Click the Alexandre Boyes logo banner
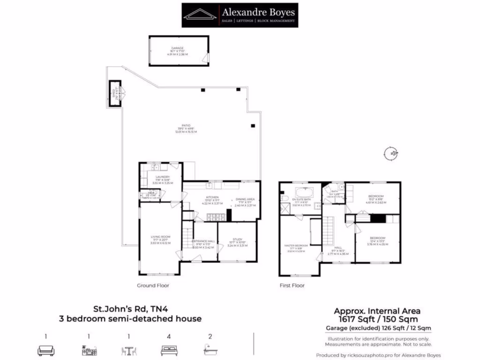(x=240, y=15)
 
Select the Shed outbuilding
(x=114, y=94)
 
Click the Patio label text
(x=187, y=128)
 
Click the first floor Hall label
(x=338, y=249)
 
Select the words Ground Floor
(x=153, y=285)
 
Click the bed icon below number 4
(x=168, y=350)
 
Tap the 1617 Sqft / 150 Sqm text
(x=376, y=319)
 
